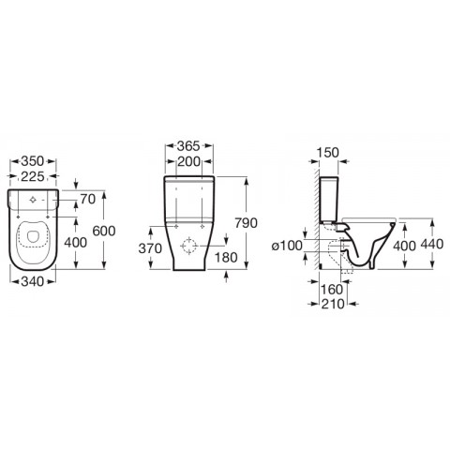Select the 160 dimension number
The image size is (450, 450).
[x=333, y=289]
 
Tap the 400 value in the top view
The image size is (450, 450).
[x=76, y=242]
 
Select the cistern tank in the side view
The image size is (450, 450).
[x=334, y=200]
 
